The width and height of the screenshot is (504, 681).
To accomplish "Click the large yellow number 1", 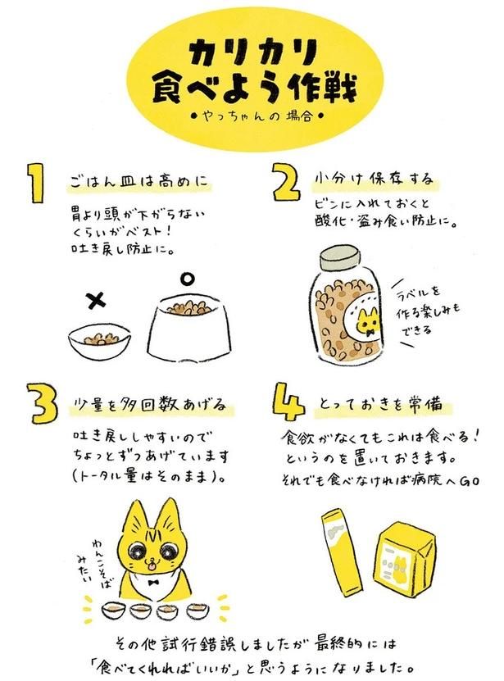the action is point(37,183).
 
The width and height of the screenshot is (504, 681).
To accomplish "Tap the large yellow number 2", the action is point(286,182).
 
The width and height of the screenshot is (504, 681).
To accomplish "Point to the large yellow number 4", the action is point(288,402).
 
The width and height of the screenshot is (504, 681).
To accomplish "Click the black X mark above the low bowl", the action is point(96,300).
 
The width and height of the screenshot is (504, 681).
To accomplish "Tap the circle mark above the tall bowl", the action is point(187,279).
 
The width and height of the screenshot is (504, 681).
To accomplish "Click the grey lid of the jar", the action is point(340,258).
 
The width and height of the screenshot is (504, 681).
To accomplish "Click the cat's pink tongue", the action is point(151,565).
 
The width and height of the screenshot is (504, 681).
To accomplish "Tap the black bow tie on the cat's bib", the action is point(152,582).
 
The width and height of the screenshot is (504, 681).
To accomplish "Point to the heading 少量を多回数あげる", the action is point(148,405).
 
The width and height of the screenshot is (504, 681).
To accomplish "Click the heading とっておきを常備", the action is point(381,404).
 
